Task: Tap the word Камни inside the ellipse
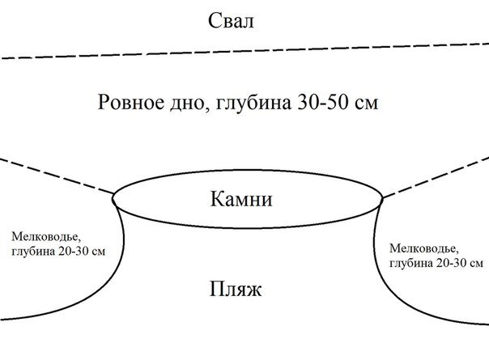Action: tap(245, 197)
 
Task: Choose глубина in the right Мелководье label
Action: tap(410, 263)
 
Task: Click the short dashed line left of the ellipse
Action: tap(57, 176)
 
